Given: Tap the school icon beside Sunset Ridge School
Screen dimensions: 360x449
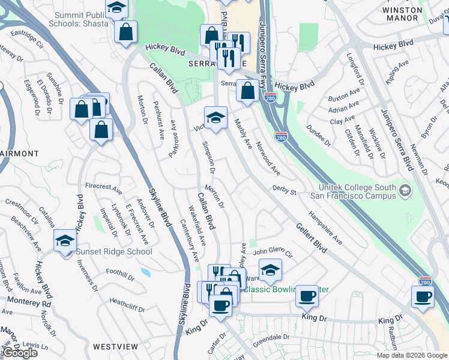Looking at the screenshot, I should click(65, 241).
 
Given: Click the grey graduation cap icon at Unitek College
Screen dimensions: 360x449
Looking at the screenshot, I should click(406, 191).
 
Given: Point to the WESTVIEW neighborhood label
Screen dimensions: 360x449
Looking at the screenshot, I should click(116, 347).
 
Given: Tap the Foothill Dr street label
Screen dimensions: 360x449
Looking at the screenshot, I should click(119, 275).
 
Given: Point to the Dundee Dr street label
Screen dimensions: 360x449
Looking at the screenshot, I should click(318, 140).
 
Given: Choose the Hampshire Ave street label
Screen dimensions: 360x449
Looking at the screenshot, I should click(325, 227).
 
